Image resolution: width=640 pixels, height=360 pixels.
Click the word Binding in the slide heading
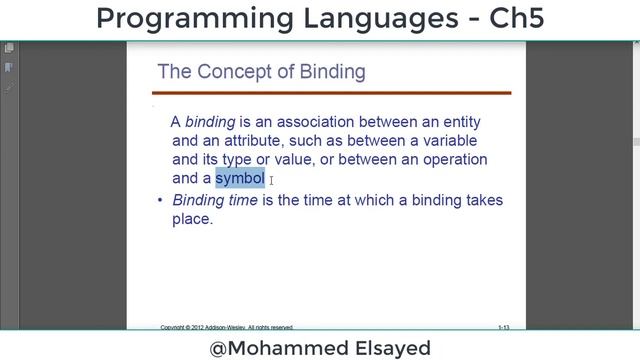click(333, 72)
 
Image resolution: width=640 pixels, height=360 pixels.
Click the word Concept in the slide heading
click(232, 72)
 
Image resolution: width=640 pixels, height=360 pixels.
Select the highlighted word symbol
click(240, 178)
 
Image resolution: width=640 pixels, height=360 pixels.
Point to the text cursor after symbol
click(272, 180)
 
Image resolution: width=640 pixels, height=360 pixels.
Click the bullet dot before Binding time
click(160, 201)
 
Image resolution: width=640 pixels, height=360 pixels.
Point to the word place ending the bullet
click(191, 219)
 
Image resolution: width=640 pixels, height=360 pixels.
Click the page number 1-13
click(505, 327)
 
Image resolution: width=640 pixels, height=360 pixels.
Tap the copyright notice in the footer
click(227, 327)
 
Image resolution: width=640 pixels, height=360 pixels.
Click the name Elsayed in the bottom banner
click(384, 347)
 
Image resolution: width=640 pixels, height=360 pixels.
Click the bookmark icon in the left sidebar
click(9, 67)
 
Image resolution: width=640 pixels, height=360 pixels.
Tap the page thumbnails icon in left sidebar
click(9, 48)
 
